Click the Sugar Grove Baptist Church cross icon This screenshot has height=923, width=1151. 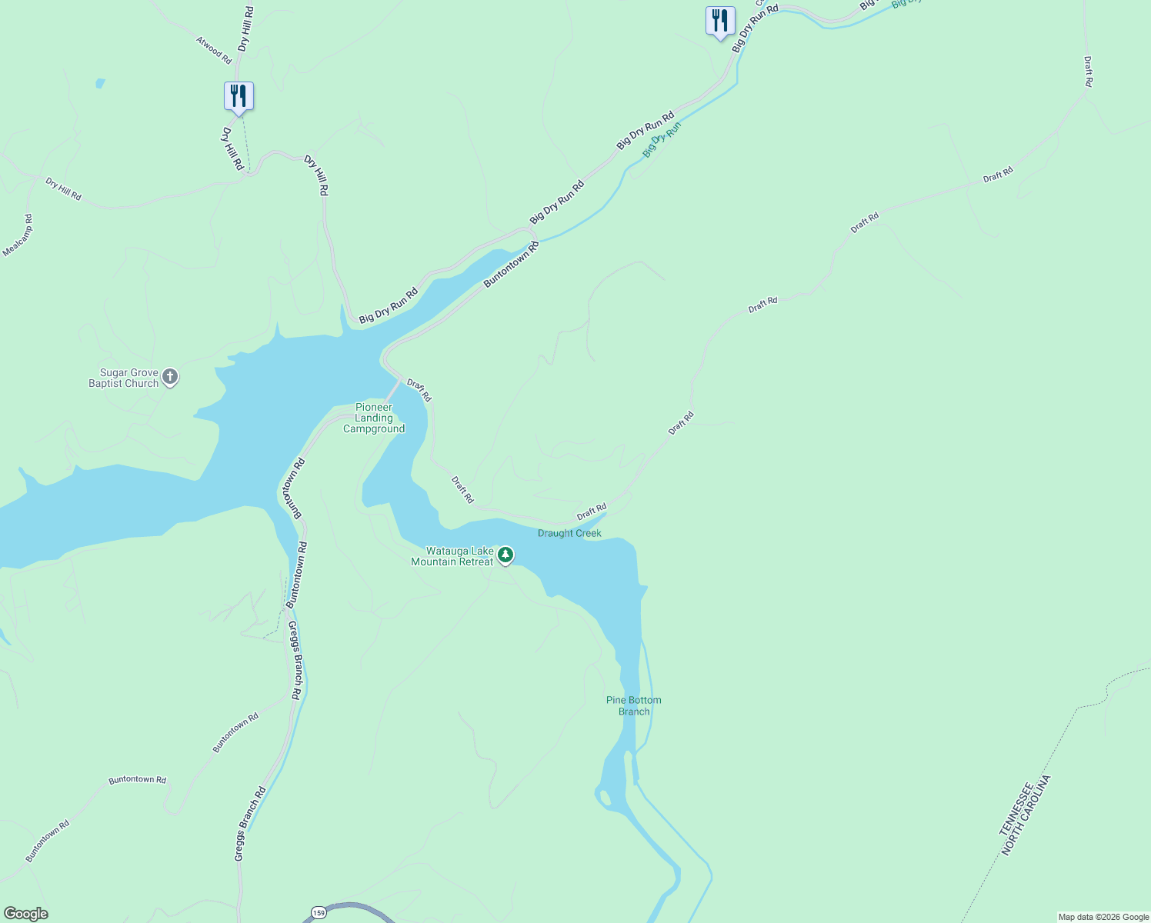coord(171,377)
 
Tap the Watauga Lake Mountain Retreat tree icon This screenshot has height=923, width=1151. coord(505,555)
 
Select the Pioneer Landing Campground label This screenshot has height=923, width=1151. coord(374,418)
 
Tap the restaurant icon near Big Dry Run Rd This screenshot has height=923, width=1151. coord(720,21)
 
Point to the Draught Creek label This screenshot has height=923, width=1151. coord(569,533)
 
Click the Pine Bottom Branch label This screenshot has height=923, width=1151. coord(634,706)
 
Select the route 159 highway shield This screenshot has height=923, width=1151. coord(317,913)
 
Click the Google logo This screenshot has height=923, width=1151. coord(26,914)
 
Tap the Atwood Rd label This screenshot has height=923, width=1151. coord(214,50)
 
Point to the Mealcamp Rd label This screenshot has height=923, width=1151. coord(18,235)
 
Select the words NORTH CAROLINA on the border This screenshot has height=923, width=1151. coord(1026,816)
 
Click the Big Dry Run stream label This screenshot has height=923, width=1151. coord(662,139)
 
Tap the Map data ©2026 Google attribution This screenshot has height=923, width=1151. coord(1103,917)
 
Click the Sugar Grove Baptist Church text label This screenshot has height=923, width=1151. coord(124,378)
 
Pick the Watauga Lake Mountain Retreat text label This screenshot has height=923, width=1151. coord(452,556)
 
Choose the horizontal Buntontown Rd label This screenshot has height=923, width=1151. coord(137,780)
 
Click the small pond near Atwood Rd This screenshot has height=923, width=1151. coord(100,82)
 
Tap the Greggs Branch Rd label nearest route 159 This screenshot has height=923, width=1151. coord(250,825)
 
